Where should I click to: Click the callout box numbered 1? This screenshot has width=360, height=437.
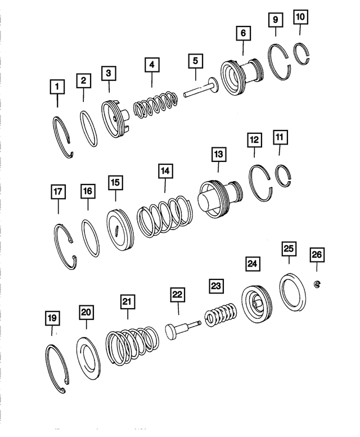click(x=57, y=87)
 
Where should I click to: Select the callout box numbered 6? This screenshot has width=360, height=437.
click(x=243, y=34)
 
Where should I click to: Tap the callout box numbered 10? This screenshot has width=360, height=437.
click(x=301, y=17)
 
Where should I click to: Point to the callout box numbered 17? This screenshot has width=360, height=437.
click(x=58, y=192)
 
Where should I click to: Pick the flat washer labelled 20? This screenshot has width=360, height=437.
click(x=87, y=359)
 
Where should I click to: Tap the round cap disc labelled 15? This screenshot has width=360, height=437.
click(x=119, y=230)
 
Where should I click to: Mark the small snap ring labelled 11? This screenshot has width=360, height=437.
click(x=284, y=177)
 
